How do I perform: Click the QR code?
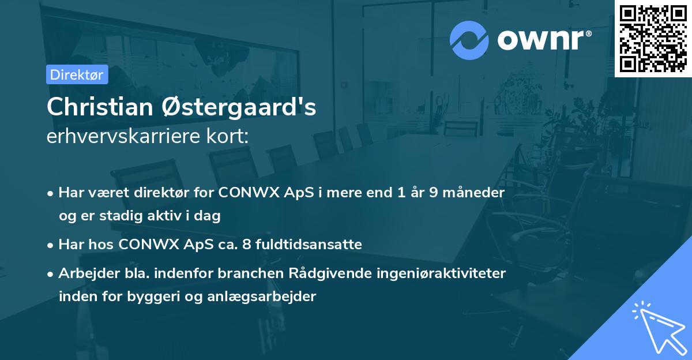click(x=653, y=39)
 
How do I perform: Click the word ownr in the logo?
click(x=543, y=39)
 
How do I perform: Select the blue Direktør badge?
click(x=77, y=74)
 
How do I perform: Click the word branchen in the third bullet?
click(x=243, y=273)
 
